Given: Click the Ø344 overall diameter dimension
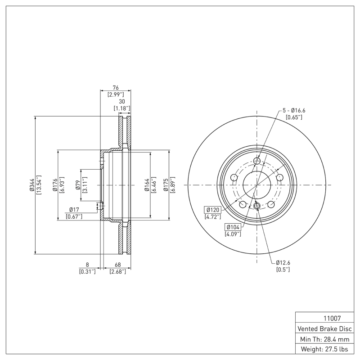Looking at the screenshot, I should [x=31, y=185].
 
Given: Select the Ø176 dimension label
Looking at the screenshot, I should [x=54, y=185].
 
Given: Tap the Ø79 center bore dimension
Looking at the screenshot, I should [x=78, y=185].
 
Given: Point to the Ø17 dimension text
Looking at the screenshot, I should [x=74, y=210].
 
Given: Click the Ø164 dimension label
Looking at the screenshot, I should [x=147, y=185].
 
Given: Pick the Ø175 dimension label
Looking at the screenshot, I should [x=166, y=185].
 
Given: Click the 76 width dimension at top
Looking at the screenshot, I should [x=116, y=88].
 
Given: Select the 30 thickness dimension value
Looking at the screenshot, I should [x=121, y=102].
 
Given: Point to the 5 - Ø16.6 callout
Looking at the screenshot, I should [x=294, y=110].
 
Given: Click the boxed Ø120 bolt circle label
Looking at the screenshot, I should [x=213, y=210].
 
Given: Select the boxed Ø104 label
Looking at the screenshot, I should [x=233, y=227].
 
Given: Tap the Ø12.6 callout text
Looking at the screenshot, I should [x=283, y=263].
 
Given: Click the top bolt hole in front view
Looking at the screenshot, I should [x=257, y=162].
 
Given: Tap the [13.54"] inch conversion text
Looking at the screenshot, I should [x=39, y=185].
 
